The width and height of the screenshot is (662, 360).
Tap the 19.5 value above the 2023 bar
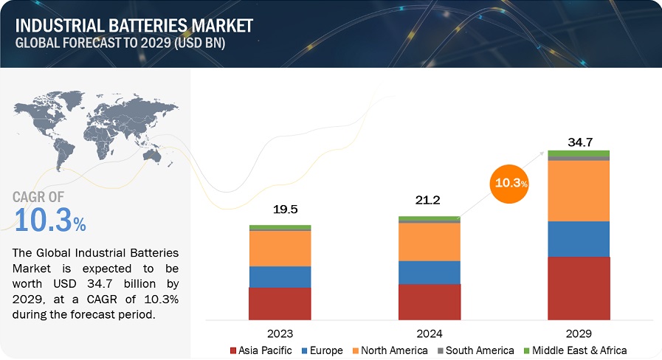[280, 210]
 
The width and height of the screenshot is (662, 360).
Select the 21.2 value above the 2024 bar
[429, 201]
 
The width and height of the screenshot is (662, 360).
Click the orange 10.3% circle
[510, 182]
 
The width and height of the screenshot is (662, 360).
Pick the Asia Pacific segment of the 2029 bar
[579, 288]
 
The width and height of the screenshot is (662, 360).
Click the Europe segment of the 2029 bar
[579, 239]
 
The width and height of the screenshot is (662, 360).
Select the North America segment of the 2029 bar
[579, 190]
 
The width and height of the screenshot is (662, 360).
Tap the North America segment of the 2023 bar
[280, 249]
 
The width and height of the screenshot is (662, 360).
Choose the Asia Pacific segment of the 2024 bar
[429, 301]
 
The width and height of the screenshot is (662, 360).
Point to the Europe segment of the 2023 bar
[280, 277]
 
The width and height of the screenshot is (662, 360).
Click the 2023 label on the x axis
[280, 333]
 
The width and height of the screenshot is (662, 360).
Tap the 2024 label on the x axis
[429, 333]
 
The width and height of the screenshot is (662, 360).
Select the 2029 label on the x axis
[579, 333]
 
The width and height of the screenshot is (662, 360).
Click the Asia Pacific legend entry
[261, 350]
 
